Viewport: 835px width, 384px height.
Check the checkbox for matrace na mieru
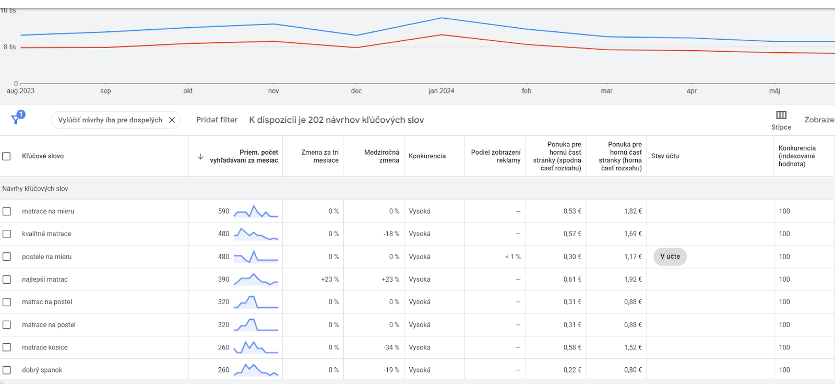7,211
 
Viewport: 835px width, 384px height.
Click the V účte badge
670,257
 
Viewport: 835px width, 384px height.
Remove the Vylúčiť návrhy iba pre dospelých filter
172,120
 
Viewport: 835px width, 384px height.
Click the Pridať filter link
217,120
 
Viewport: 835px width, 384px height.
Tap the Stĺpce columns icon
781,115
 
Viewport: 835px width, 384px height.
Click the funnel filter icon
15,120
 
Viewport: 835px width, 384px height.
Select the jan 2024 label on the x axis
442,91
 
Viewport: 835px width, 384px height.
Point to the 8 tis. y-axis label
10,47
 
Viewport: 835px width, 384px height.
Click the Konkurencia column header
427,156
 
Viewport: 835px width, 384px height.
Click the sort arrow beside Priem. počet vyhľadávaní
200,156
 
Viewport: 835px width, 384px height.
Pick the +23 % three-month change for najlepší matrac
330,279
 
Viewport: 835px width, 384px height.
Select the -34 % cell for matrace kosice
391,347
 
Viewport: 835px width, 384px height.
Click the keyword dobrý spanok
42,370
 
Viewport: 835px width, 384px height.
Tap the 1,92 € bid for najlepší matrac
633,279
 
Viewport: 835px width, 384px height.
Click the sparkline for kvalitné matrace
256,234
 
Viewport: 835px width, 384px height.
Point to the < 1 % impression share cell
513,257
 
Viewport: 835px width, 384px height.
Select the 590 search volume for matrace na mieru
224,211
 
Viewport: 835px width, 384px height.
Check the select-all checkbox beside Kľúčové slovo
6,156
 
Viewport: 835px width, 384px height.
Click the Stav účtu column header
665,156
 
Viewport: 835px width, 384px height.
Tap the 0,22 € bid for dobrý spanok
572,370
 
